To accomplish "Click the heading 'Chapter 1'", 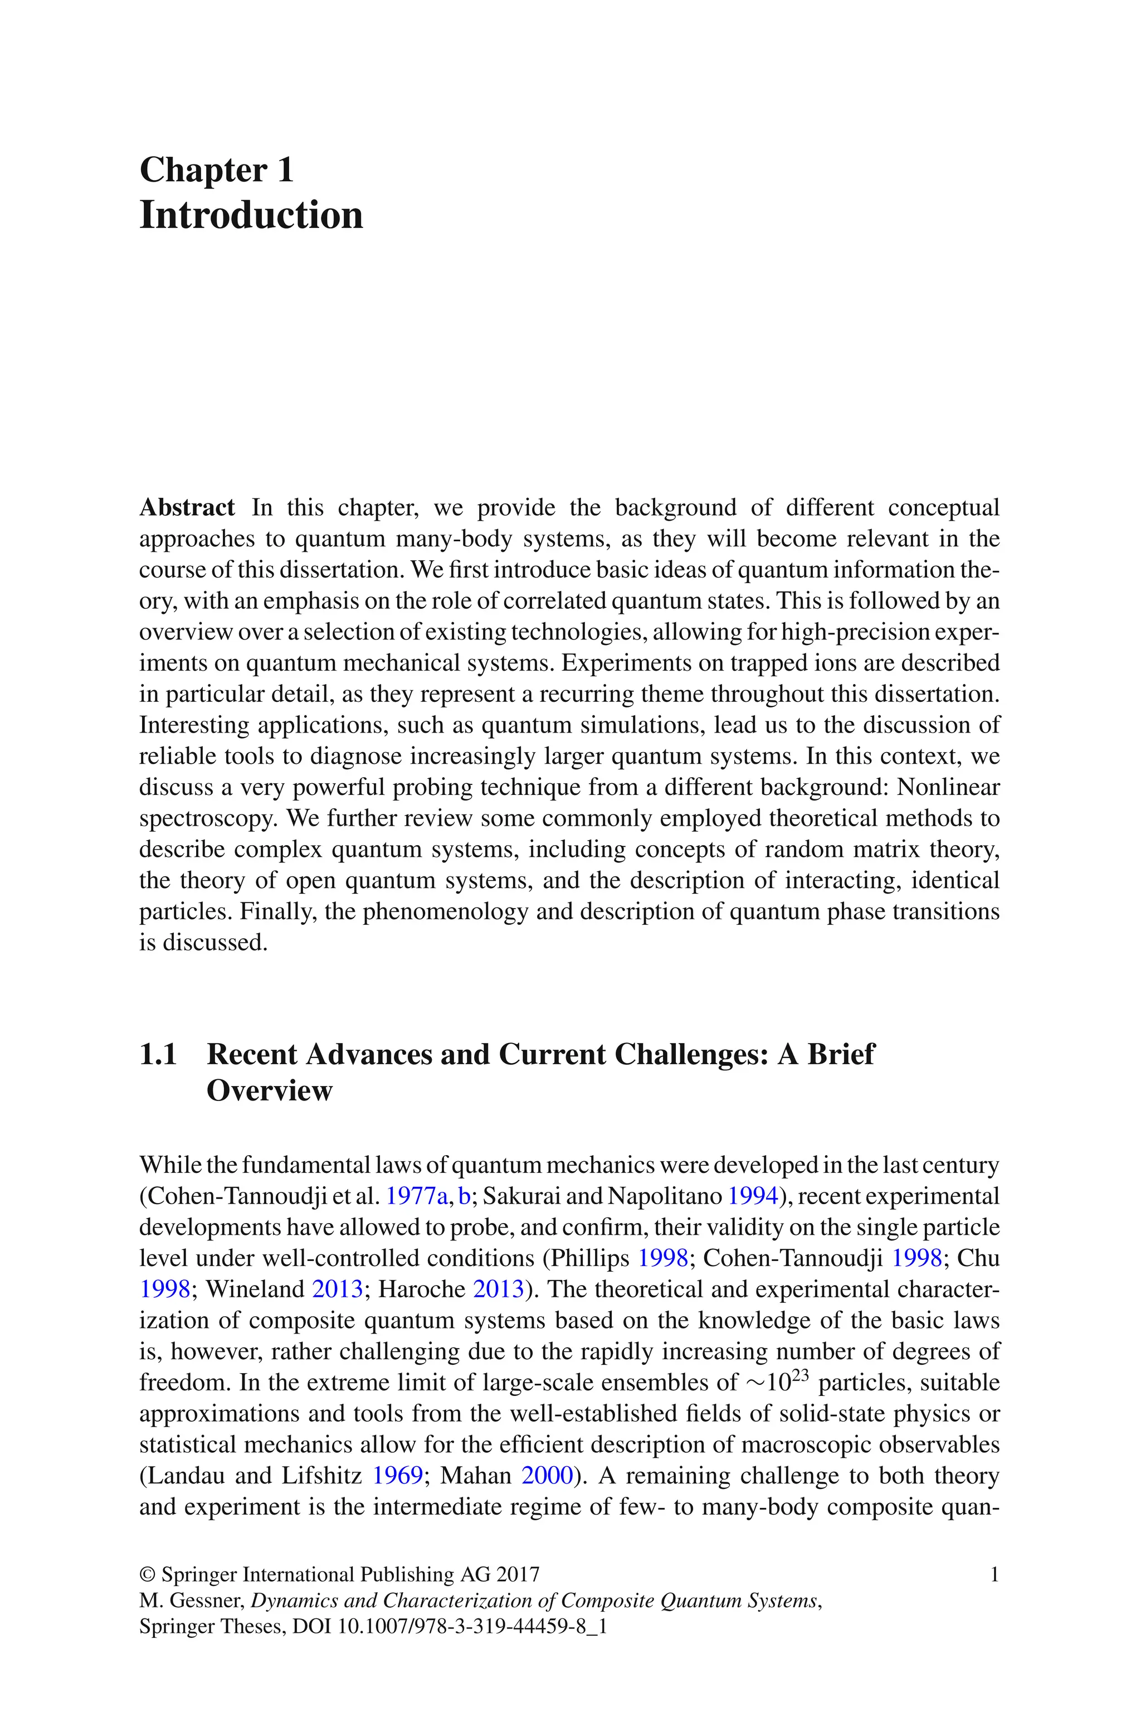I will pyautogui.click(x=216, y=171).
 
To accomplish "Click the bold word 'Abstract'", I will pyautogui.click(x=187, y=507).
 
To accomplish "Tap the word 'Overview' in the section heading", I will pyautogui.click(x=269, y=1090).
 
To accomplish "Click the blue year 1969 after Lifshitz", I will pyautogui.click(x=397, y=1476).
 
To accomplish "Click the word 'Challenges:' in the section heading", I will pyautogui.click(x=692, y=1055).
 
